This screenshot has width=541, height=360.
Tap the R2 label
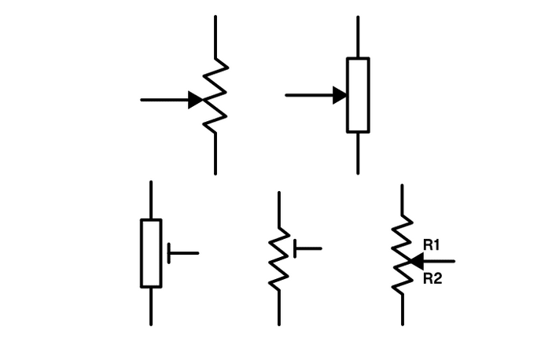tap(432, 278)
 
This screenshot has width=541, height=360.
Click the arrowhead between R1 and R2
tap(416, 260)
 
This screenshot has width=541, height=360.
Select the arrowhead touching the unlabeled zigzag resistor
tap(196, 100)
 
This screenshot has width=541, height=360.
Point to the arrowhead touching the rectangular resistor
tap(340, 95)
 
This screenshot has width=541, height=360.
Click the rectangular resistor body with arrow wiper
tap(358, 95)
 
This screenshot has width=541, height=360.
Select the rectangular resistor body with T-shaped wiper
tap(151, 253)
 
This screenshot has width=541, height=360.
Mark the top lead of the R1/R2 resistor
tap(402, 200)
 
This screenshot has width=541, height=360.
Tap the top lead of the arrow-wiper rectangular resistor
tap(358, 36)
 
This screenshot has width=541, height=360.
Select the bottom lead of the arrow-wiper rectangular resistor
tap(358, 153)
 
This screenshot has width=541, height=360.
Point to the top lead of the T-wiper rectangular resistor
tap(151, 200)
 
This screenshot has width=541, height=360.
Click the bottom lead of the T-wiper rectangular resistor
tap(151, 307)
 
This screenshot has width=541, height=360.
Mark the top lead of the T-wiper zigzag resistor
tap(278, 208)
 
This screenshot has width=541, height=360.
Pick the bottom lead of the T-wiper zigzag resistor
tap(278, 308)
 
